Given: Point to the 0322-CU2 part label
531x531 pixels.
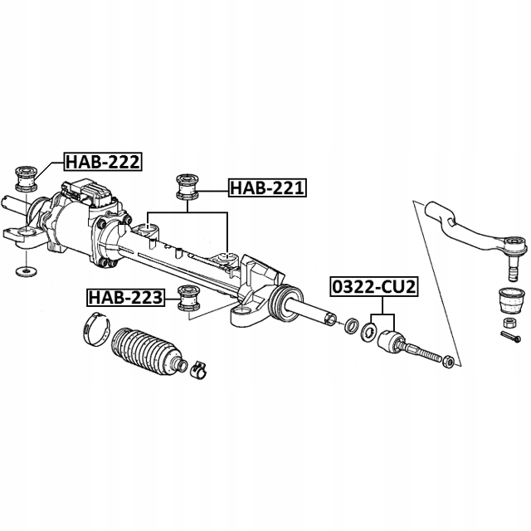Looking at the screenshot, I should click(x=373, y=286).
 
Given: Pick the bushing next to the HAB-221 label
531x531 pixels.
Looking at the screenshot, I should click(x=188, y=187).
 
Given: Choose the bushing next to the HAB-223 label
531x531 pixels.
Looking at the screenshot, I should click(x=187, y=297).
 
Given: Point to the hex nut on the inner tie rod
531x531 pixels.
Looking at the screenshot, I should click(x=447, y=359).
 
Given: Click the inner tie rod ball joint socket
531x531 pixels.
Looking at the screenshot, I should click(x=392, y=341).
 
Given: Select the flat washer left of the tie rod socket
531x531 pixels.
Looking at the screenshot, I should click(x=366, y=334).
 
